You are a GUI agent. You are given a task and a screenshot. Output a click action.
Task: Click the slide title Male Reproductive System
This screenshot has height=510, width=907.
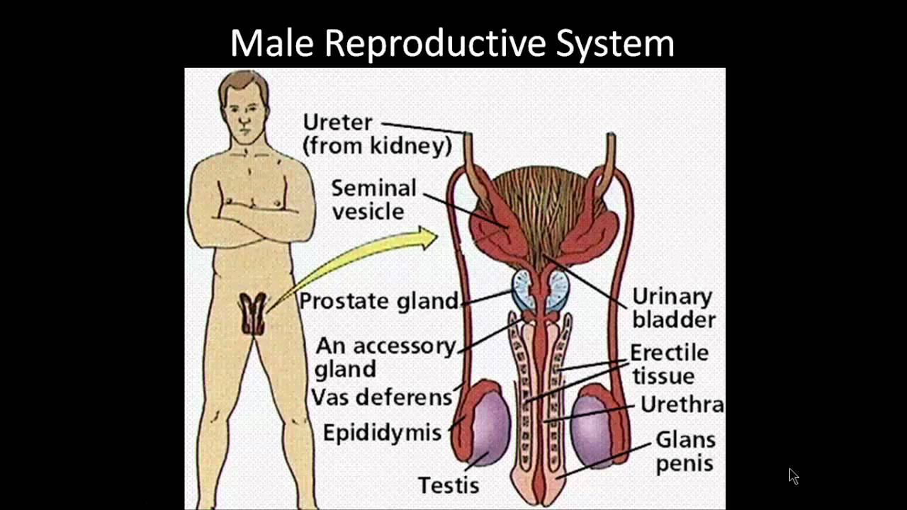point(452,44)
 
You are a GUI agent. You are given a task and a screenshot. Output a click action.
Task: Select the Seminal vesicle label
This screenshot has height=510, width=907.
point(373,199)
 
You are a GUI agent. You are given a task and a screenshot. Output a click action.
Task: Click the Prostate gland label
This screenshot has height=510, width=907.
point(378,301)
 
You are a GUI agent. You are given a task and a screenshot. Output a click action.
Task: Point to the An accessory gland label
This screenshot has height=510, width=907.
point(385,357)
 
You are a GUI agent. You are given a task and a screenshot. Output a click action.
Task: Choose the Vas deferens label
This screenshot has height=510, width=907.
point(381,397)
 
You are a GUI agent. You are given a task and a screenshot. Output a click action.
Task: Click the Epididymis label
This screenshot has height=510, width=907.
point(382,432)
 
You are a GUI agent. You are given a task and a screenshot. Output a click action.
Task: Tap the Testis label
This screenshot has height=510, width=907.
point(449,485)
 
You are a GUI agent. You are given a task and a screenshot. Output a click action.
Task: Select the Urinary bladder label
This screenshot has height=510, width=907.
point(673,307)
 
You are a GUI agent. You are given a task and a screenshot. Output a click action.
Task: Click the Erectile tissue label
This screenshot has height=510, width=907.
point(669,363)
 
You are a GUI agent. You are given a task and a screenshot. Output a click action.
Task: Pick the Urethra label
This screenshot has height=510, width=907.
point(682,404)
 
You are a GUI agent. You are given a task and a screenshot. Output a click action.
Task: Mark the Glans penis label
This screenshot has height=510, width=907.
point(685,451)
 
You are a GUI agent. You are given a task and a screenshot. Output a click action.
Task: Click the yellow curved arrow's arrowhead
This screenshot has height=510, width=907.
point(427,239)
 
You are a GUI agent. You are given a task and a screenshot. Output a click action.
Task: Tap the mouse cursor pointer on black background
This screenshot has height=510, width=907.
point(793,476)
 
